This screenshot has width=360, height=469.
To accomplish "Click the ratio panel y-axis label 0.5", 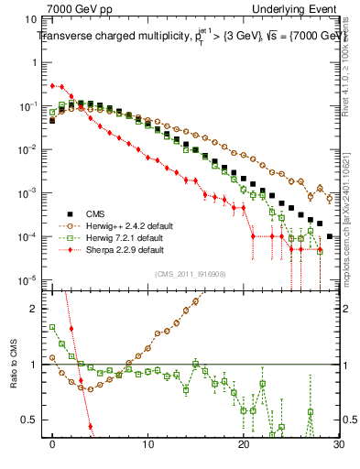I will click(x=31, y=420).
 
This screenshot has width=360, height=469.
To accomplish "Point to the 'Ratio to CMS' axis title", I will click(x=14, y=365).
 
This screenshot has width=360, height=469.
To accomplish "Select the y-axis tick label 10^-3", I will click(x=30, y=193).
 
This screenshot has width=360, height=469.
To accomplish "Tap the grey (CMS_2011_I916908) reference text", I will click(x=191, y=275).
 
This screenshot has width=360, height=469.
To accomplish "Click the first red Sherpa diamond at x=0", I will click(x=52, y=85).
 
